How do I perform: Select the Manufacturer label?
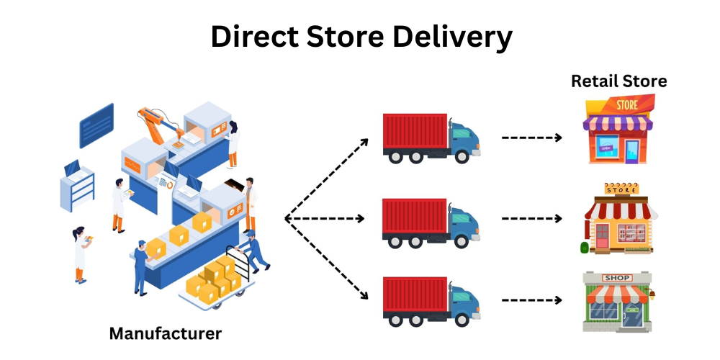[x=166, y=334]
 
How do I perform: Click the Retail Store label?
[x=619, y=81]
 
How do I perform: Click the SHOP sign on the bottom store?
[x=617, y=278]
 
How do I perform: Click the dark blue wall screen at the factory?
[x=96, y=124]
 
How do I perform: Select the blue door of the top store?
[x=631, y=150]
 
